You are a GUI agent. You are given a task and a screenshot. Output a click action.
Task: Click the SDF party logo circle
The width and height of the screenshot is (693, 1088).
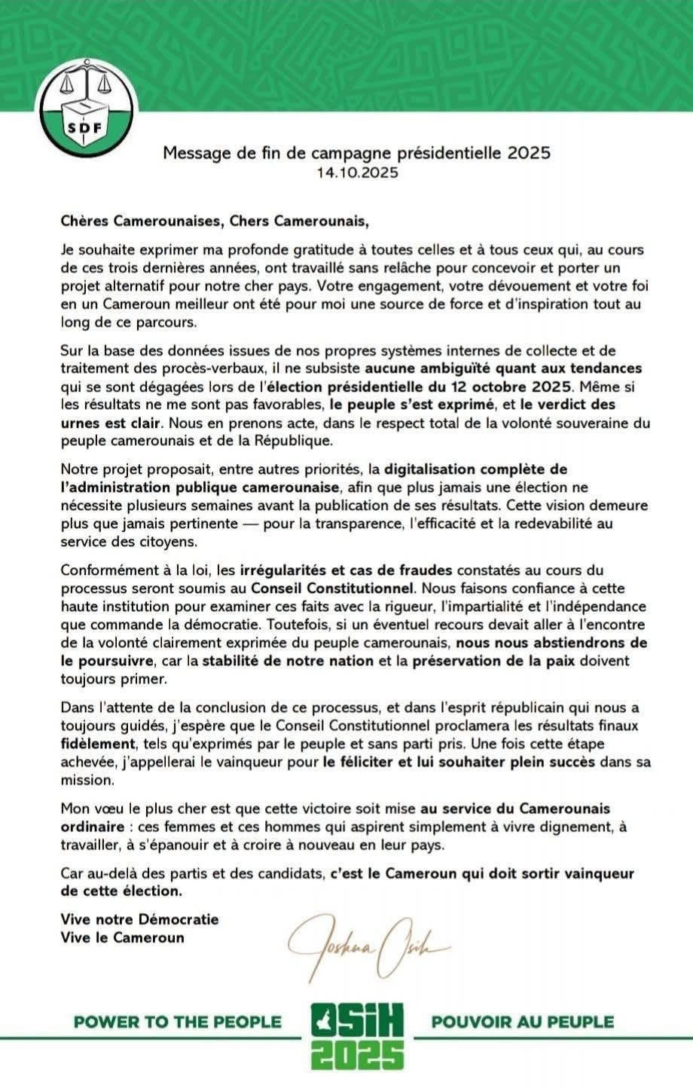tap(84, 105)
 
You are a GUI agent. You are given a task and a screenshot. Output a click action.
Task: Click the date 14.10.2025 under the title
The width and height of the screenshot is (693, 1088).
tap(357, 173)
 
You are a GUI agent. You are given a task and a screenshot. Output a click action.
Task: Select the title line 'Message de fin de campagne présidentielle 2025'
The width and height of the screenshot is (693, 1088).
tap(357, 154)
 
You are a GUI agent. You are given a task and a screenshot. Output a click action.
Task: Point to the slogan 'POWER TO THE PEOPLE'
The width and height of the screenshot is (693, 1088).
tap(177, 1022)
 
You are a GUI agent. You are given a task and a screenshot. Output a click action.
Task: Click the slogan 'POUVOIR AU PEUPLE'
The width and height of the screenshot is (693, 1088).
tap(522, 1022)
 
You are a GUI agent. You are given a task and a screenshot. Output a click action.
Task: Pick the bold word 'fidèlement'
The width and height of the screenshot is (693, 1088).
tap(96, 744)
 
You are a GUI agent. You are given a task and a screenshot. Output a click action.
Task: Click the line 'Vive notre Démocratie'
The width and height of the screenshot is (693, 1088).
tap(139, 919)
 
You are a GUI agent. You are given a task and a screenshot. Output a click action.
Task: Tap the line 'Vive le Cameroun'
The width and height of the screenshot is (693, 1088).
tap(123, 938)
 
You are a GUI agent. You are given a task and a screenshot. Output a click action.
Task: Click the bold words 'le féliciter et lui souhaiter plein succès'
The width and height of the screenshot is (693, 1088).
tap(458, 762)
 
